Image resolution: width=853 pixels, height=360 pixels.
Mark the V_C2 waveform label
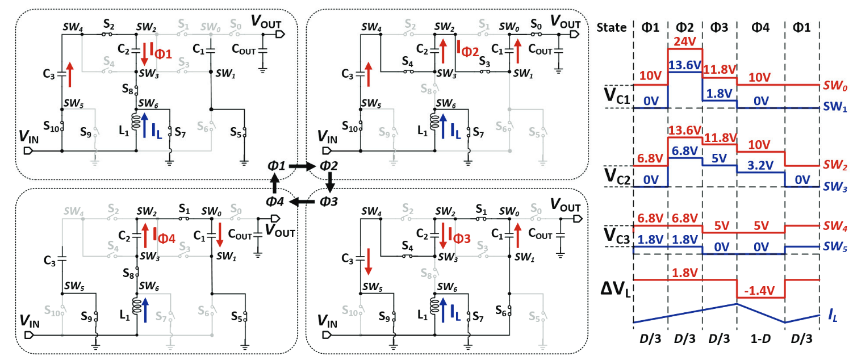(616, 174)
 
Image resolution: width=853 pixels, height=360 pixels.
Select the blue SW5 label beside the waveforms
(832, 248)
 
